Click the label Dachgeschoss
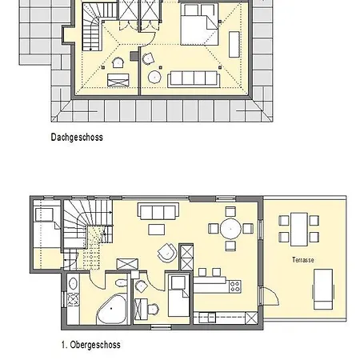tap(76, 137)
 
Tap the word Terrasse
tap(303, 260)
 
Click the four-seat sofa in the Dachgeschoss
tap(193, 77)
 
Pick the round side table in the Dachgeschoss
tap(154, 78)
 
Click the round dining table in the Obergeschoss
tap(231, 228)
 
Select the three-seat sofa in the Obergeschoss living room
tap(158, 211)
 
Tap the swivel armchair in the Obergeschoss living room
tap(166, 252)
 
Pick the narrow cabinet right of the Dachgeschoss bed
tap(233, 42)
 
